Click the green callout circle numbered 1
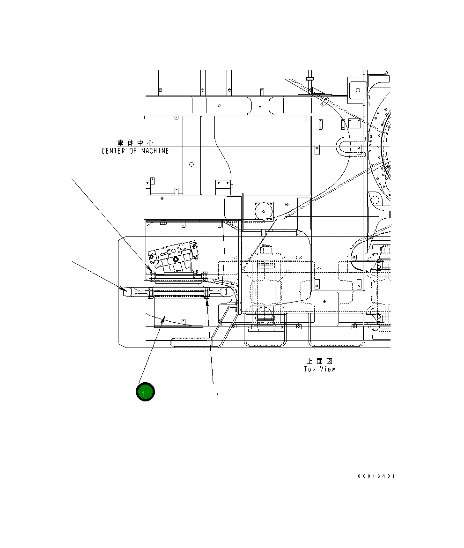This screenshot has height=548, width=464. click(x=145, y=392)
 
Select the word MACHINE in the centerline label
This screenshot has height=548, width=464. click(x=155, y=151)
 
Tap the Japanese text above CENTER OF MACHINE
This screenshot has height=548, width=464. click(x=135, y=142)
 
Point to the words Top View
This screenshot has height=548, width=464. click(x=320, y=369)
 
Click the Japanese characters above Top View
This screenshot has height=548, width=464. click(x=320, y=361)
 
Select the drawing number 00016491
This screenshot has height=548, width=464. click(x=376, y=476)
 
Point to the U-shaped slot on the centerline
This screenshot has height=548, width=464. click(x=343, y=147)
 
